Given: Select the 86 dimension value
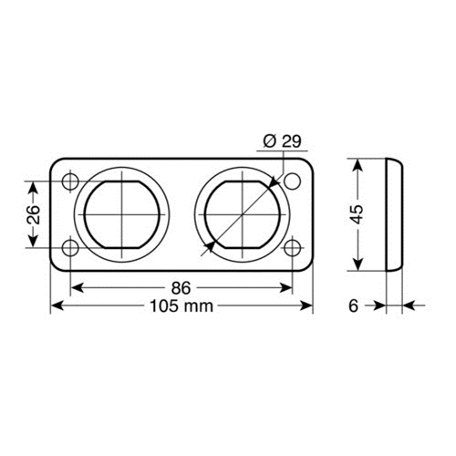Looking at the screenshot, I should pos(181,287).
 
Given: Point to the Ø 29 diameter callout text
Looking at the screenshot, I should pos(283,142).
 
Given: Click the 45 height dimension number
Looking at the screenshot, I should pos(358,214).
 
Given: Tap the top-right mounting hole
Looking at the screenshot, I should pos(292,181).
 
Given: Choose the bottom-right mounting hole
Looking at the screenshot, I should pos(292,247).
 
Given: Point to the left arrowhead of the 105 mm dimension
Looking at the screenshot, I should pos(56,306).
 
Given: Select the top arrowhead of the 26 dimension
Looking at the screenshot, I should pos(33,187).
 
